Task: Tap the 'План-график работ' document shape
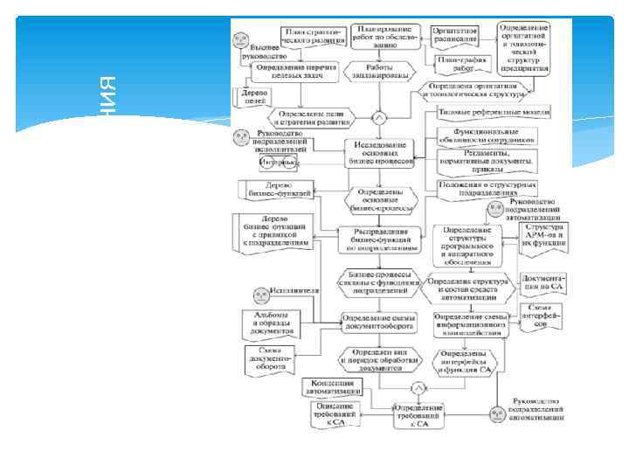(462, 64)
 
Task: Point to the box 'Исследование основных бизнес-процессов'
(379, 155)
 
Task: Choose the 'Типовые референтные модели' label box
(486, 114)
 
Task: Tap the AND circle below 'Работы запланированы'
(379, 117)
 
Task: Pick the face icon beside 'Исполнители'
(259, 295)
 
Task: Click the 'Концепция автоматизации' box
(335, 387)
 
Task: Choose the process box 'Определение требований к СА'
(411, 416)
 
